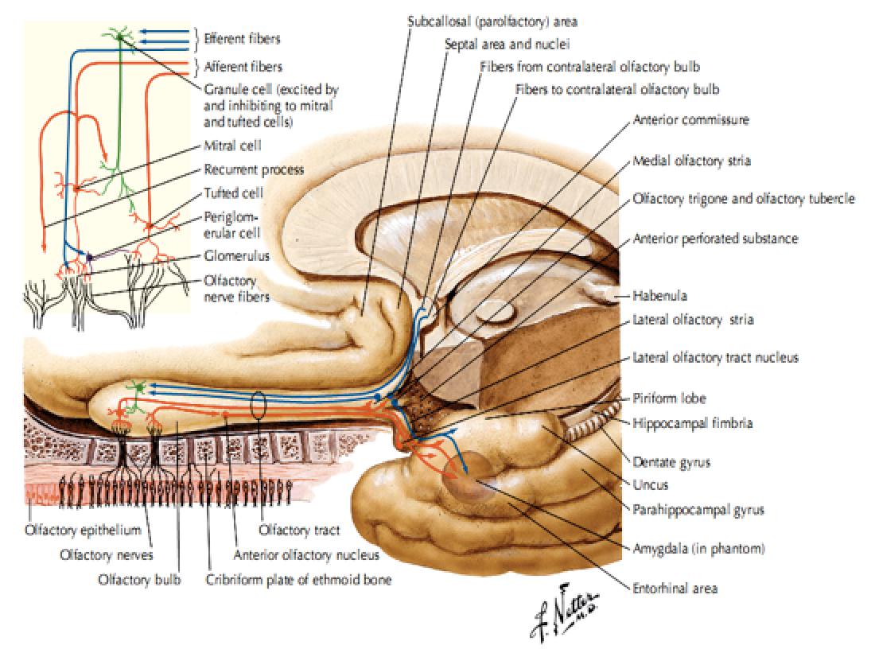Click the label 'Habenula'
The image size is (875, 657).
coord(660,296)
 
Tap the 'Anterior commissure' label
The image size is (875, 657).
coord(691,120)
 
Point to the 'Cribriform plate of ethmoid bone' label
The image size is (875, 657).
coord(298,580)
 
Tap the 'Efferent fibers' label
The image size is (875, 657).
coord(242,38)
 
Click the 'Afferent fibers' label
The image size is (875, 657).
coord(242,67)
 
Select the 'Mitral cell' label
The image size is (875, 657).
coord(232,146)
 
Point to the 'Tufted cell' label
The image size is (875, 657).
coord(233,192)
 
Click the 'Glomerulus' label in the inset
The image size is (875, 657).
coord(235,256)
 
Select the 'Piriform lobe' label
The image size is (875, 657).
coord(669,398)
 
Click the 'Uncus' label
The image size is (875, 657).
coord(650,484)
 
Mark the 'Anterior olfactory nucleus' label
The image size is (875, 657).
coord(306,555)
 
